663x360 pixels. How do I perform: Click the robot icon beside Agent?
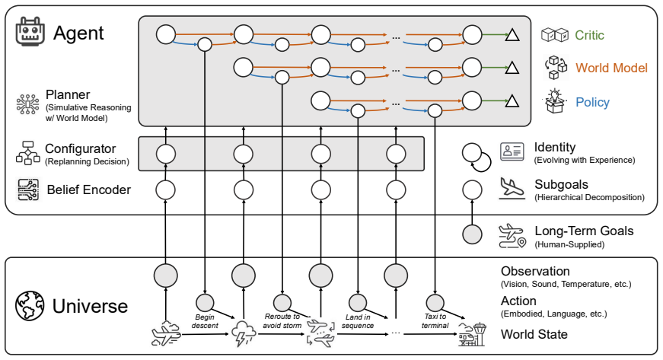(30, 31)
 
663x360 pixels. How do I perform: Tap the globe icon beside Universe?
(30, 305)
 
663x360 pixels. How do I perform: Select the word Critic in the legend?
(589, 35)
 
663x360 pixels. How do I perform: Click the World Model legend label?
(611, 68)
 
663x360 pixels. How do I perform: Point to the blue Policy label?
(592, 102)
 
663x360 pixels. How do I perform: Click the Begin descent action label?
(205, 321)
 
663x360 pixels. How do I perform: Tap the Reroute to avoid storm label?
(282, 320)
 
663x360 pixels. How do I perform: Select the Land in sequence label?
(358, 321)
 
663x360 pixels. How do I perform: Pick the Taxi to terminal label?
(435, 321)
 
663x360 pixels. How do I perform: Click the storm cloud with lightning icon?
(244, 334)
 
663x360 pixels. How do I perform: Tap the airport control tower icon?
(472, 335)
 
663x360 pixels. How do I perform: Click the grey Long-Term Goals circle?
(472, 234)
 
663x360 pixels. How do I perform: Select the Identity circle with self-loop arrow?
(476, 158)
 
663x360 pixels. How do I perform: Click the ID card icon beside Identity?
(512, 151)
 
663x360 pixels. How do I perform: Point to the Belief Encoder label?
(89, 190)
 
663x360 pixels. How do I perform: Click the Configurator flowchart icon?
(28, 152)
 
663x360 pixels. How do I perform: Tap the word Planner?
(68, 94)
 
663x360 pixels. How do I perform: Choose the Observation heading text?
(535, 271)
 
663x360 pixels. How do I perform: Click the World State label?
(534, 334)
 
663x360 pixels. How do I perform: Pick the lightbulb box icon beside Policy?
(555, 101)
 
